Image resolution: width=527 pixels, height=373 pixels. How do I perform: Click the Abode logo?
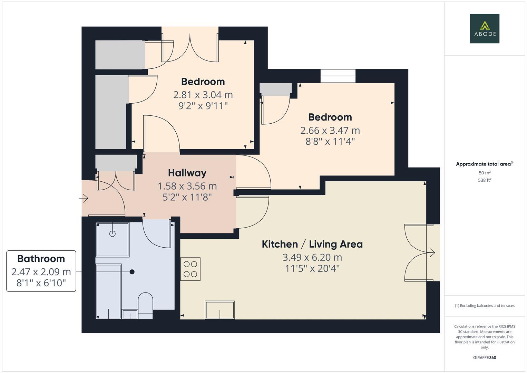485,28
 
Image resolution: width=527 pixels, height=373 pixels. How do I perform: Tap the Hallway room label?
187,173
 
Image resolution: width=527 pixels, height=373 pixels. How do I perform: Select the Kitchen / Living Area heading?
312,244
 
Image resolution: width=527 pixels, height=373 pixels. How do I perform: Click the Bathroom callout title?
41,259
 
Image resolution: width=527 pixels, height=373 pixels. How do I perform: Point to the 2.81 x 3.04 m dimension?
203,95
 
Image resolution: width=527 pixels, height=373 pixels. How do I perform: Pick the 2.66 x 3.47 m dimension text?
330,131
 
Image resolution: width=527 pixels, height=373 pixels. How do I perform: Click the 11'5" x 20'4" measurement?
312,268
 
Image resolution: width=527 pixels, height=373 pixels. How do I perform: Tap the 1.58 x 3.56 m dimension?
187,186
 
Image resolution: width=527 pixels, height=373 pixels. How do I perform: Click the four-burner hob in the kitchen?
190,269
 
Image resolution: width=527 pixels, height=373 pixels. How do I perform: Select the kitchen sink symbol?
220,310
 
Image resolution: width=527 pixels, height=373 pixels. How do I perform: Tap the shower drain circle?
113,234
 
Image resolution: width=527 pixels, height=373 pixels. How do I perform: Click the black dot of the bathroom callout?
132,272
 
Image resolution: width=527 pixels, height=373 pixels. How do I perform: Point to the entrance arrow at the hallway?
84,198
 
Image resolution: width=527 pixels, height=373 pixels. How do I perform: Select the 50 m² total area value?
485,173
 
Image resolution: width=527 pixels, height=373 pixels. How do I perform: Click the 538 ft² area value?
485,180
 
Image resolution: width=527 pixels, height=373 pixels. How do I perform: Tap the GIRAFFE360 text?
485,357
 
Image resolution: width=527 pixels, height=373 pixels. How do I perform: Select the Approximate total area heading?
485,164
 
